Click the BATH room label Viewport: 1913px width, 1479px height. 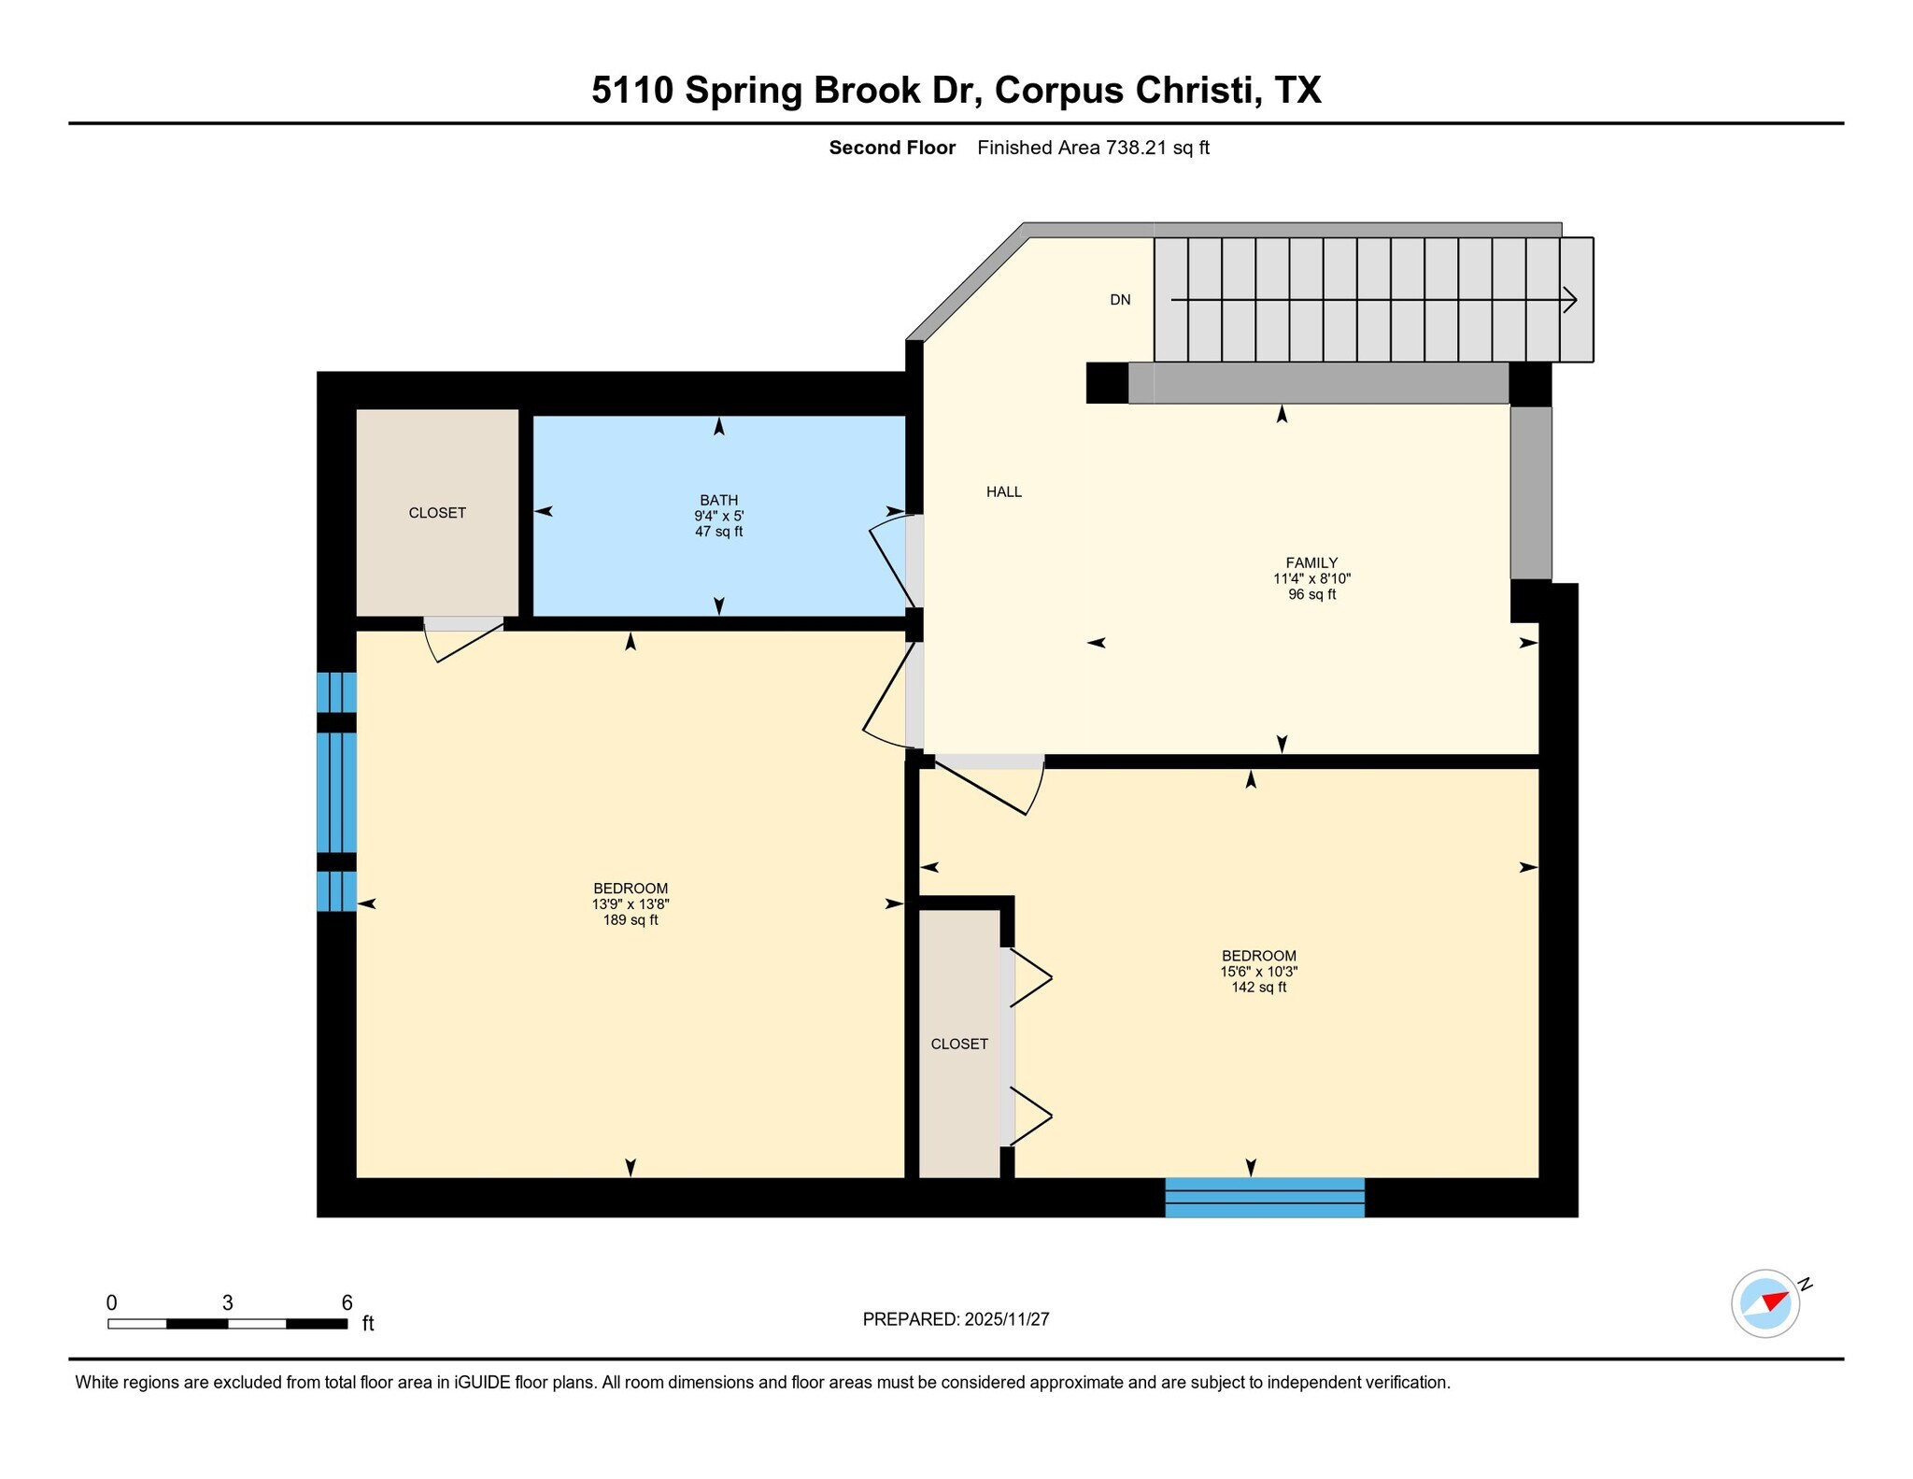718,500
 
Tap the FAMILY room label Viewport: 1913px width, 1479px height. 1311,562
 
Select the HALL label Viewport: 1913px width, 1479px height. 1004,491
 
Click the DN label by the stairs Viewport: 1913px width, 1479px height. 1120,300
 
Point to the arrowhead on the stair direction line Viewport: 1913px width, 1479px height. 1571,300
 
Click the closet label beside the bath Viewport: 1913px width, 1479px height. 437,513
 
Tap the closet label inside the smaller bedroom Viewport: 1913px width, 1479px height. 959,1044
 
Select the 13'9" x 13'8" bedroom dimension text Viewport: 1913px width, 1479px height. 631,904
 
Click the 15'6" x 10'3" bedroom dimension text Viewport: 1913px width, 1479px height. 1258,972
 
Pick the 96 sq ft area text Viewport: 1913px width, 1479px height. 1311,594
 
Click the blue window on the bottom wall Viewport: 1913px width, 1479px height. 1265,1198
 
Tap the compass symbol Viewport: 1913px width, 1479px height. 1765,1303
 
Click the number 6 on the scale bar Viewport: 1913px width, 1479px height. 347,1302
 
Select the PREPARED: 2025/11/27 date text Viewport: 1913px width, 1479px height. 956,1319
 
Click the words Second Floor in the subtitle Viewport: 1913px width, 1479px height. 892,148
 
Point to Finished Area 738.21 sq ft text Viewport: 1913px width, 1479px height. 1093,148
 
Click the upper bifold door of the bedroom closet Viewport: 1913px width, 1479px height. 1030,979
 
